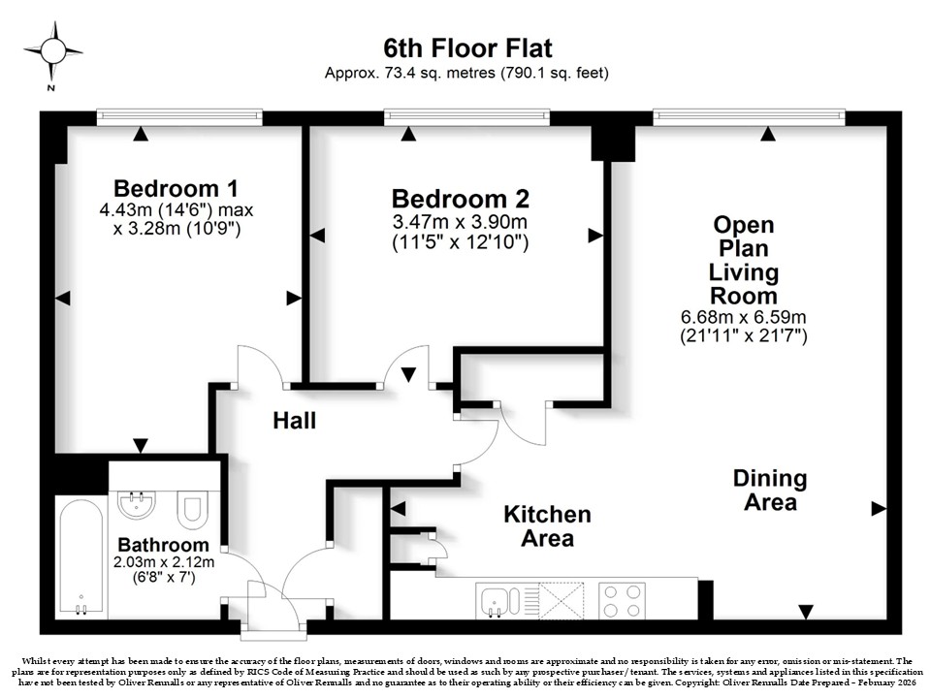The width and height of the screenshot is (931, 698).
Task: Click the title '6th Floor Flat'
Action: point(467,48)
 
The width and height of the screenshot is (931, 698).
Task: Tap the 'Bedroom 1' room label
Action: point(176,188)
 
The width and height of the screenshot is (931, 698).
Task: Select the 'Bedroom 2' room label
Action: point(460,199)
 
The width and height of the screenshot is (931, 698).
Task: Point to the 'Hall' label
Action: point(295,421)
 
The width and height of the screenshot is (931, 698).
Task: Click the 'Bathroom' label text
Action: point(163,544)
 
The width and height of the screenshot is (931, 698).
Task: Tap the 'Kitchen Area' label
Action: point(547,525)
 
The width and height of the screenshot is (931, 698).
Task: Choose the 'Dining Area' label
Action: point(770,491)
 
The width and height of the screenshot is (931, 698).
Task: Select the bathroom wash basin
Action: point(137,504)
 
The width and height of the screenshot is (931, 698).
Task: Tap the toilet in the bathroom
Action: point(192,508)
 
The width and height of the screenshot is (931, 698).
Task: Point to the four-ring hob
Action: point(622,601)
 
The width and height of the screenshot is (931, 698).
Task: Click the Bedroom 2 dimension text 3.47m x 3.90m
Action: point(460,223)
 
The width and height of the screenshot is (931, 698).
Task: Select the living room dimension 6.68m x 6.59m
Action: point(744,317)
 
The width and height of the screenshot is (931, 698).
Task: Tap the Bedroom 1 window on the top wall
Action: point(179,117)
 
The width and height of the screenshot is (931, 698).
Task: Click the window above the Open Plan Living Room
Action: point(749,117)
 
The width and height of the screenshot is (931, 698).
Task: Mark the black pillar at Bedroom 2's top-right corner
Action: point(613,143)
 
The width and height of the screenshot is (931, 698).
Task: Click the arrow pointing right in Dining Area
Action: point(879,509)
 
